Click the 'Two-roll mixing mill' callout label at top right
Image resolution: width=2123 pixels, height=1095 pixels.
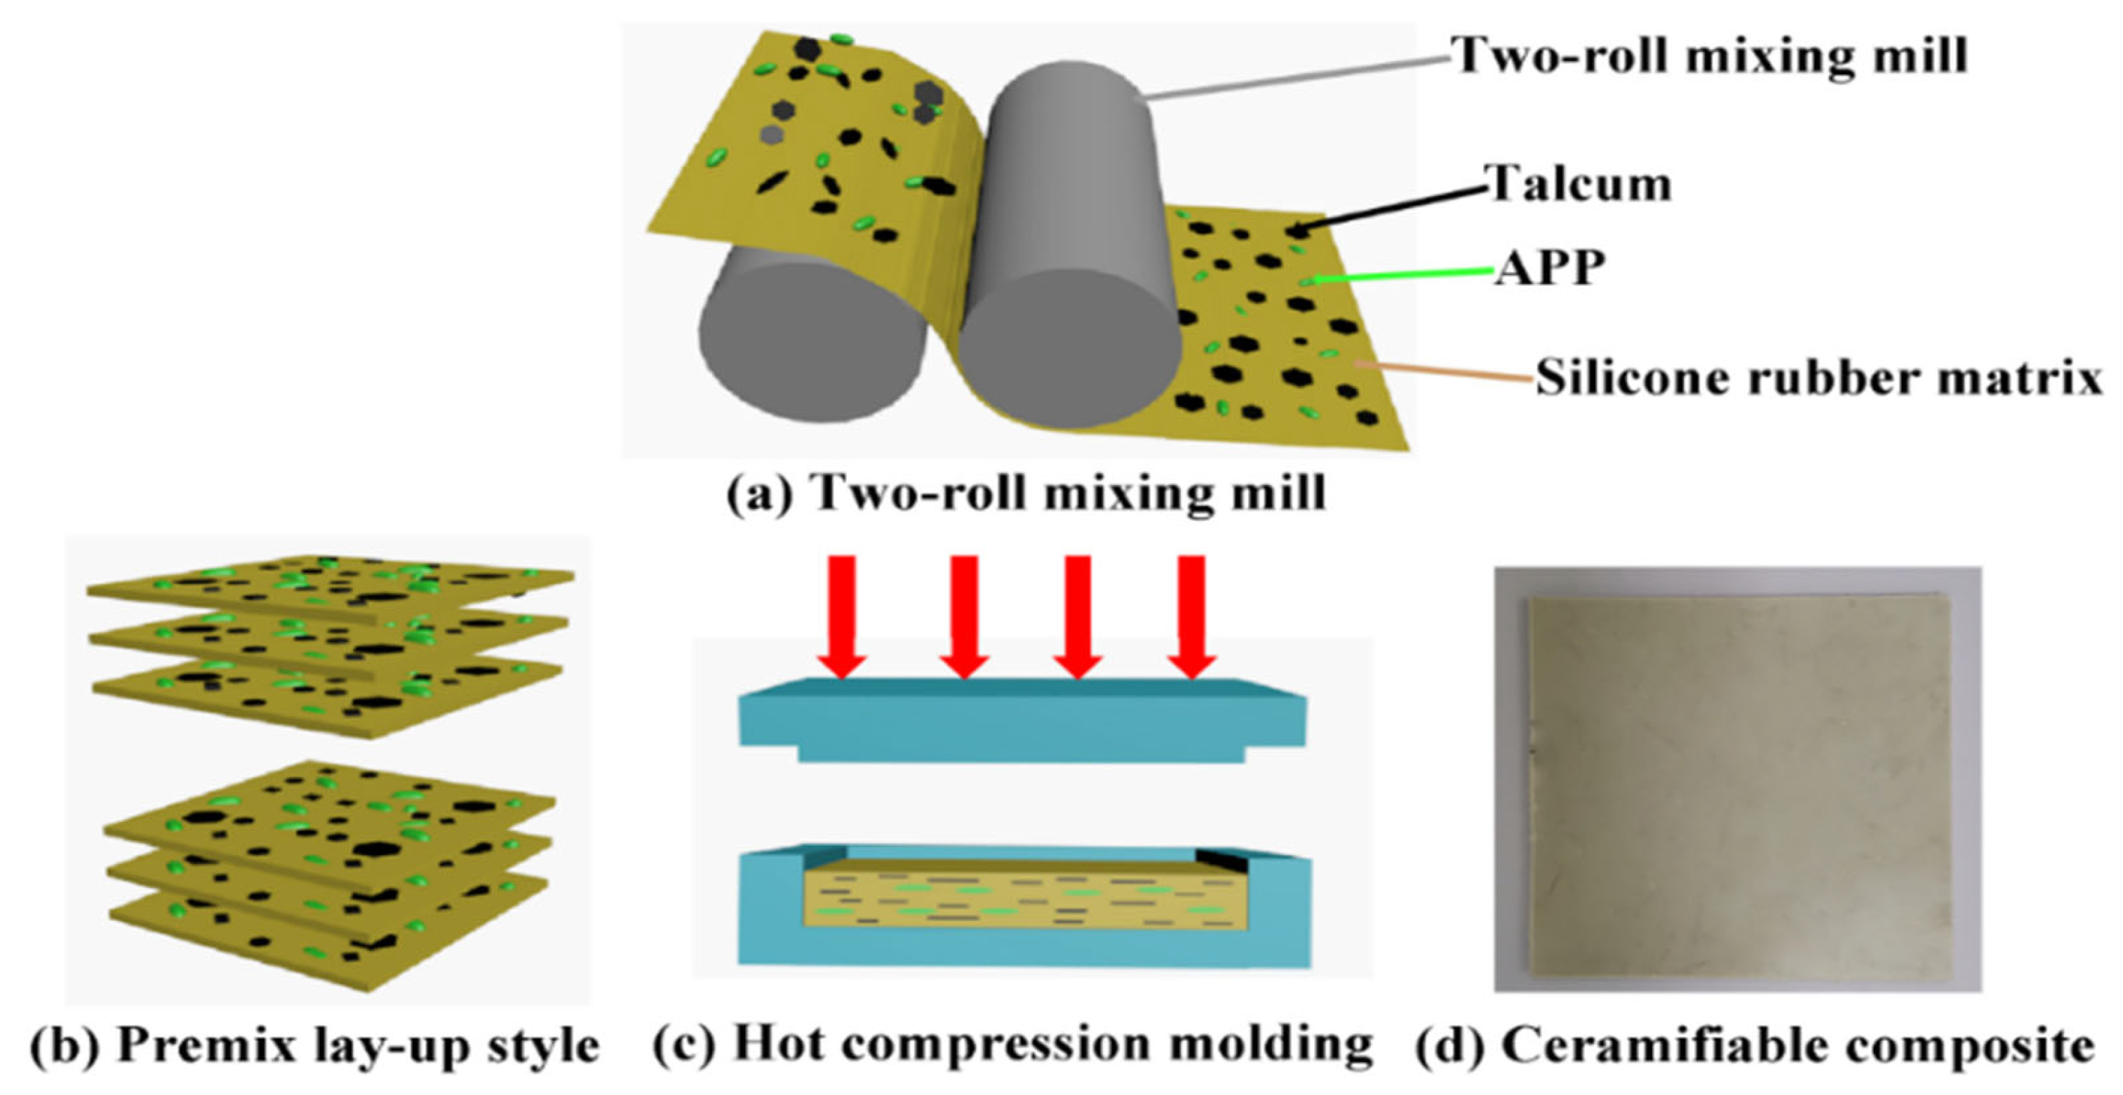1710,56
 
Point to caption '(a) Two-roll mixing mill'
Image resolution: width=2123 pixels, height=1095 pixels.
1026,493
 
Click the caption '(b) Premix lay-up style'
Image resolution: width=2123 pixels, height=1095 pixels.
315,1046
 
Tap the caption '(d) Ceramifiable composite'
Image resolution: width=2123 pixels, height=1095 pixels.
1755,1046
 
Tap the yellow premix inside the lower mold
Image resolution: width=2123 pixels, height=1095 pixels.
1022,903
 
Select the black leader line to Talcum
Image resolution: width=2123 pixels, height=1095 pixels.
1393,206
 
